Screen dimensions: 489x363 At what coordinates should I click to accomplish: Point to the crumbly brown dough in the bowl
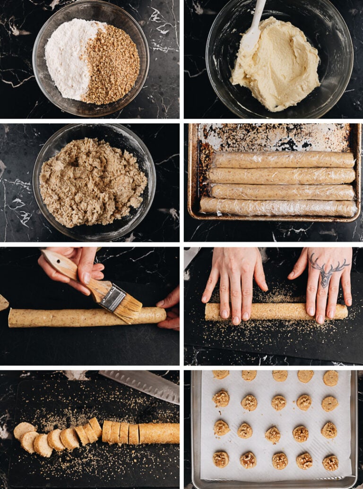coord(92,182)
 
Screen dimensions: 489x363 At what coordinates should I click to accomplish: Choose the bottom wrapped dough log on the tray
coord(279,207)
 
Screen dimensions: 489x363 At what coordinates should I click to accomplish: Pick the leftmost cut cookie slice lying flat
coord(23,430)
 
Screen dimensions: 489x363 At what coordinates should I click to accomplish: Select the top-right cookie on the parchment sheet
coord(331,378)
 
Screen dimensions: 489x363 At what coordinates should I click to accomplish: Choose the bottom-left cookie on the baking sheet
coord(221,459)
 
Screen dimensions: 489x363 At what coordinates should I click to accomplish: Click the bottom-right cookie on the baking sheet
coord(330,463)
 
